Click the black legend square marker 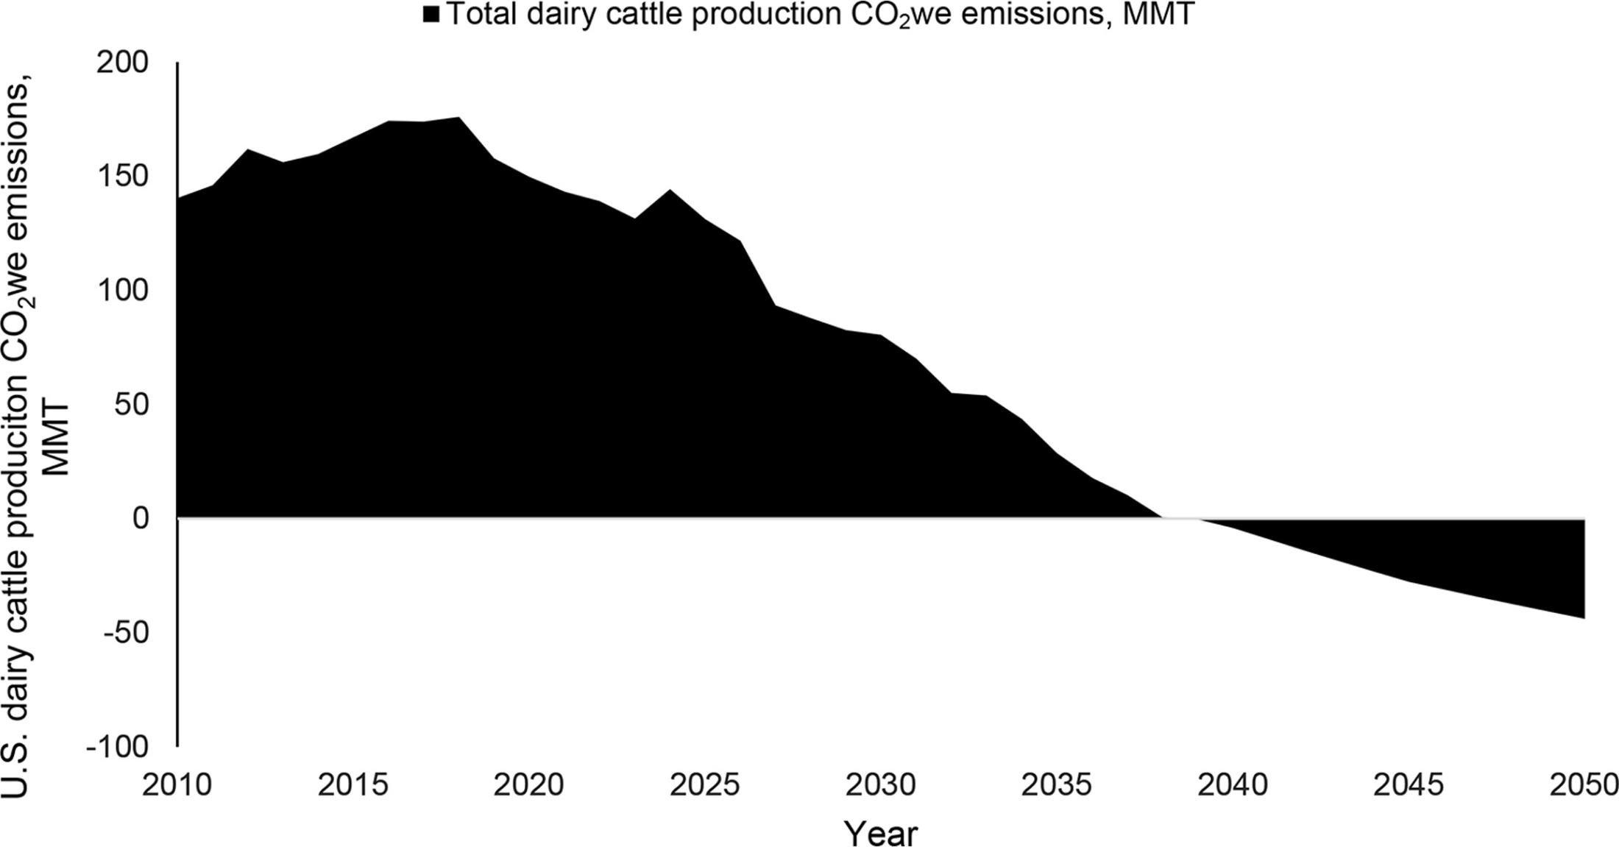point(431,14)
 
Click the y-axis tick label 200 point(122,63)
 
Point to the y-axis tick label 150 point(122,177)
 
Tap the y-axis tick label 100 point(122,291)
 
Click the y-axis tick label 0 point(141,519)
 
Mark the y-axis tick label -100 point(118,747)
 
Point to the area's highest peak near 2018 point(458,118)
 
